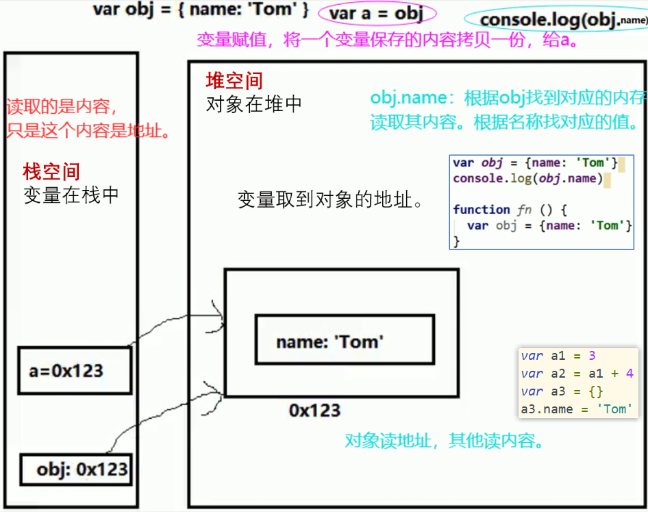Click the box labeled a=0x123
[75, 371]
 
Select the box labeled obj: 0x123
[75, 470]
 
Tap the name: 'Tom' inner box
[344, 341]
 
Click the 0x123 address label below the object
[314, 411]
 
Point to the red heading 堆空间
[234, 82]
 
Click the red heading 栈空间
[51, 171]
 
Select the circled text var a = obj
[376, 13]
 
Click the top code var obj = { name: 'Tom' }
[201, 11]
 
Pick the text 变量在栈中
[71, 195]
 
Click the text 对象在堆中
[253, 105]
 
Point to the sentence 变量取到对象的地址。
[329, 200]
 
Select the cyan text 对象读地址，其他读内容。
[445, 440]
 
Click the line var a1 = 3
[558, 356]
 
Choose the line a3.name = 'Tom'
[574, 409]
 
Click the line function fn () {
[510, 210]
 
